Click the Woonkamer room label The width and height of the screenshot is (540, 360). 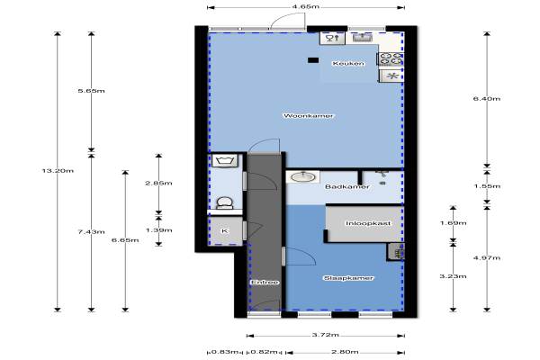tap(308, 116)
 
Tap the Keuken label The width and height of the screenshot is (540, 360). tap(348, 63)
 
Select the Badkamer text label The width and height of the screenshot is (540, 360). tap(347, 186)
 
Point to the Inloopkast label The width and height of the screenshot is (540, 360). tap(368, 223)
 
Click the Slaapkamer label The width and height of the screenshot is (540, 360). tap(348, 278)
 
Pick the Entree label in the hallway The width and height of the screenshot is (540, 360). tap(265, 283)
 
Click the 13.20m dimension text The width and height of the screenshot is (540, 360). tap(58, 170)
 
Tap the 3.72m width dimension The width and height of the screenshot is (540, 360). tap(326, 335)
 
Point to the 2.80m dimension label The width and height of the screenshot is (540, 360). tap(345, 352)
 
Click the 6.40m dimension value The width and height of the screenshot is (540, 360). tap(487, 99)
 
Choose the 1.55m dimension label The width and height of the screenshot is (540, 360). tap(487, 186)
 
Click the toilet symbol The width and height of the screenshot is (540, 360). tap(224, 202)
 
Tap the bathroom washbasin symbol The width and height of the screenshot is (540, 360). tap(302, 177)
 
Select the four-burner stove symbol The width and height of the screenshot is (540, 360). tap(391, 58)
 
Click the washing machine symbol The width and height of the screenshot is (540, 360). tap(224, 160)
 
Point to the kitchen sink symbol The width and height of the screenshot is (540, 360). tap(362, 37)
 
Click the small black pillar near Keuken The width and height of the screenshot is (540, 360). tap(313, 60)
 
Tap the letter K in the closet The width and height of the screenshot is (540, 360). tap(224, 230)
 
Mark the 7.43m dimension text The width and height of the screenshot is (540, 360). tap(91, 232)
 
